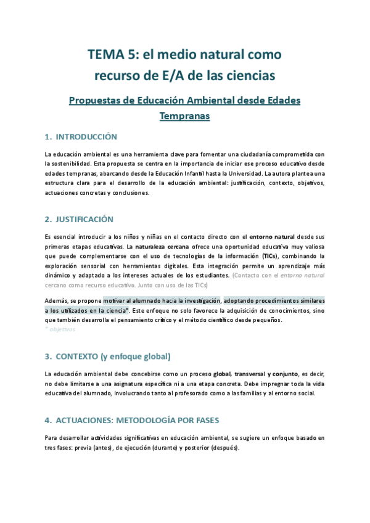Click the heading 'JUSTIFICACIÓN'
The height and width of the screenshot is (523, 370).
(84, 219)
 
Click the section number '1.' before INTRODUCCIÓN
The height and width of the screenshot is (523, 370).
(48, 136)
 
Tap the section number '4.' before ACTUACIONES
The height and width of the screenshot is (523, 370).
(48, 421)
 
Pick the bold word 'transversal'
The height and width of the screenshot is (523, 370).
(253, 374)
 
